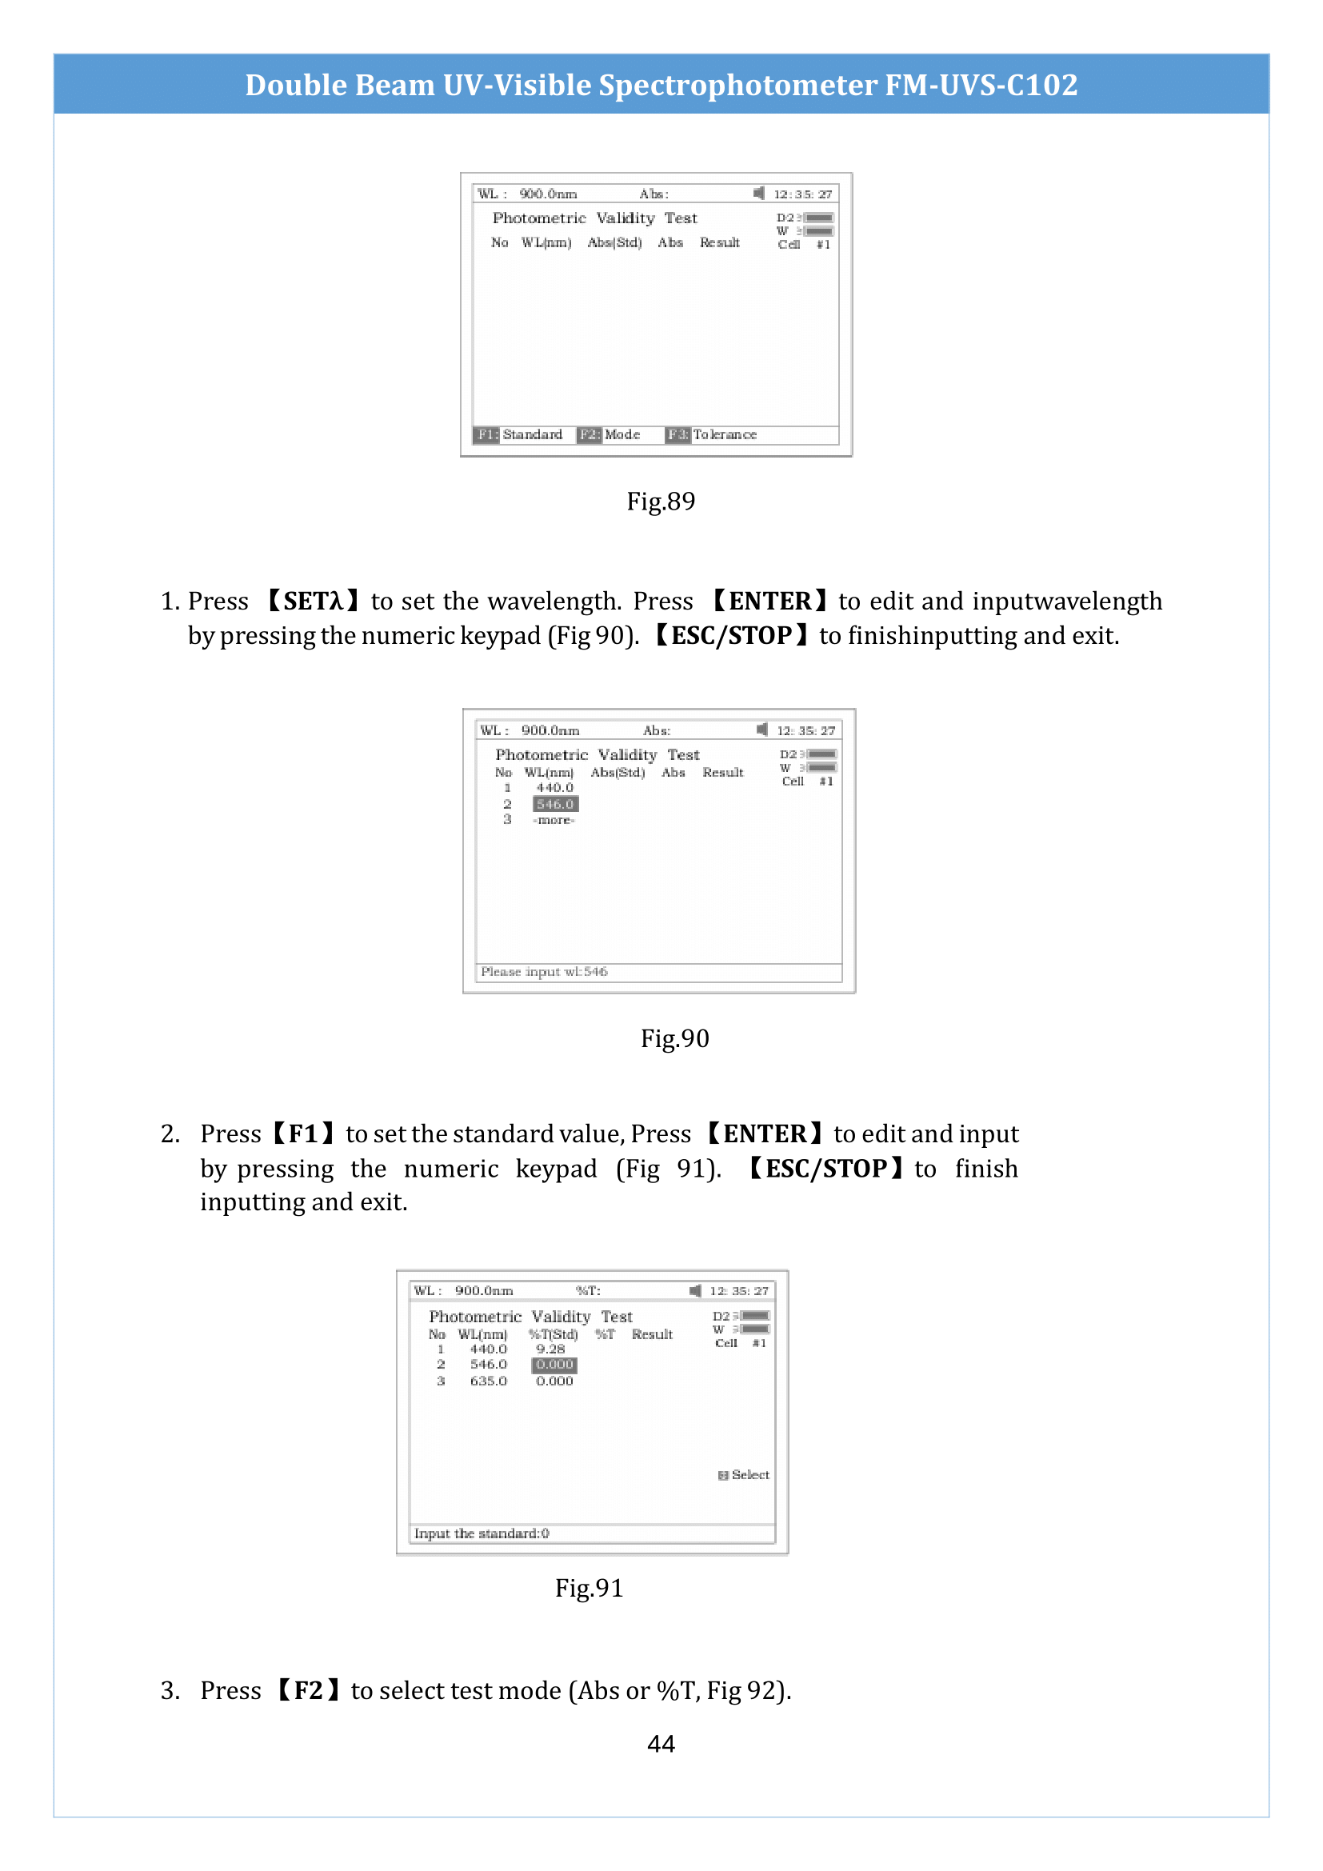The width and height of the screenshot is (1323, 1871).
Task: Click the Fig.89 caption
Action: coord(661,502)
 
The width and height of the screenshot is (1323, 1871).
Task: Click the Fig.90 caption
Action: coord(674,1038)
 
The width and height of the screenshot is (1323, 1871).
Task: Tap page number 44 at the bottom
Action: coord(661,1743)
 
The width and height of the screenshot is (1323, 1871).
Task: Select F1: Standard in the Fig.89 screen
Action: coord(519,434)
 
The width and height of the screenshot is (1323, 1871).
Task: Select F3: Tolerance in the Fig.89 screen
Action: coord(712,434)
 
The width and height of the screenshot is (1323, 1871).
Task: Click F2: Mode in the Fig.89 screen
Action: coord(610,434)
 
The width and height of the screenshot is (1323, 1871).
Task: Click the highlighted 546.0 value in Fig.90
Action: coord(556,804)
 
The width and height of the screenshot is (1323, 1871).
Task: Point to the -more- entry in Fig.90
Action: coord(554,820)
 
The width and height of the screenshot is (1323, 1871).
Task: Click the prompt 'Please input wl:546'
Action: coord(544,971)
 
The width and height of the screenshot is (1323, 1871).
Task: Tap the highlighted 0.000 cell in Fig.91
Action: coord(555,1364)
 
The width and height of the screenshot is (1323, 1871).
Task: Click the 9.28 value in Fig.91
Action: coord(550,1349)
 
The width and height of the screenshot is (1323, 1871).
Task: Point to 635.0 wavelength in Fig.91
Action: coord(488,1381)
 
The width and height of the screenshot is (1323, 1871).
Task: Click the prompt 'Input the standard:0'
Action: coord(482,1533)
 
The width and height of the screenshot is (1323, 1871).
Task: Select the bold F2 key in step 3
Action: coord(308,1690)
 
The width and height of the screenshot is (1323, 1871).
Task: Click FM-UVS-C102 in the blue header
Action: coord(981,85)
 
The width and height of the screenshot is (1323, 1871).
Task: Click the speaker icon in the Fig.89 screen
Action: coord(759,193)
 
